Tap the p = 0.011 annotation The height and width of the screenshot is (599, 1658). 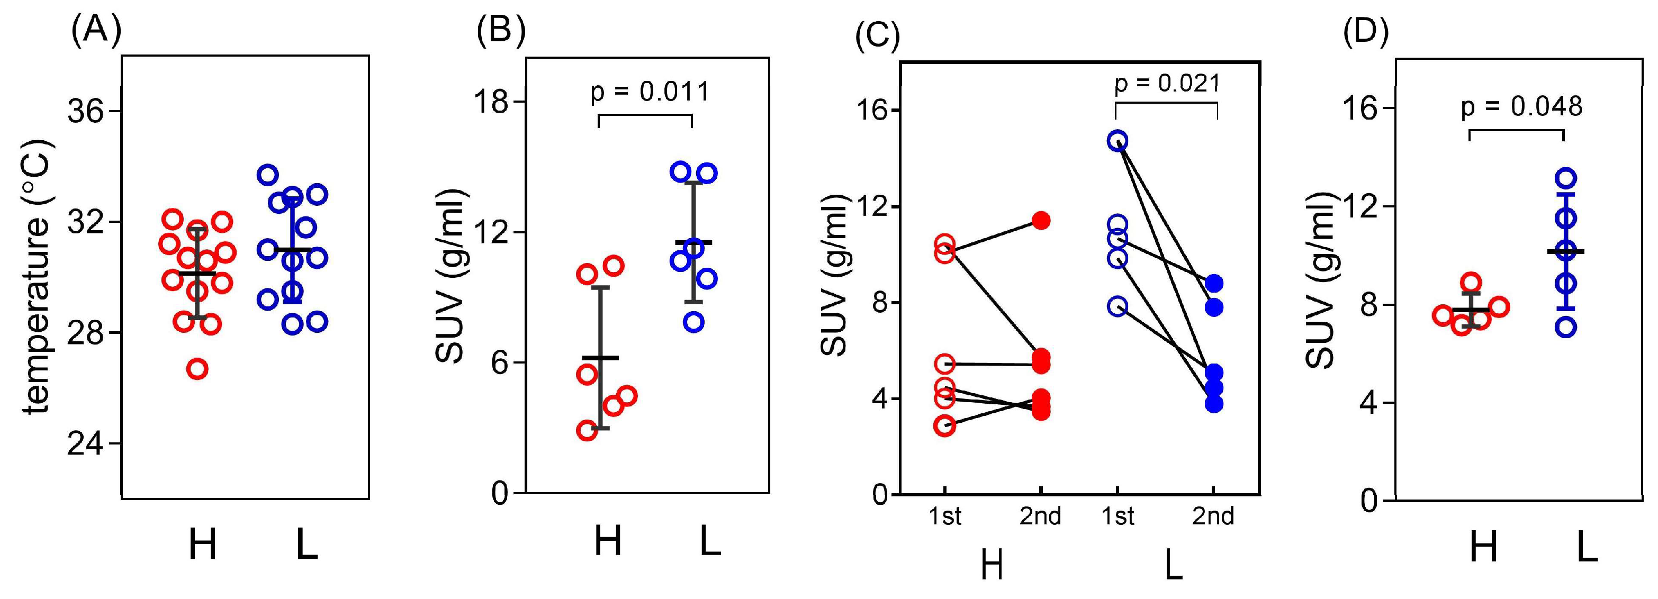coord(650,92)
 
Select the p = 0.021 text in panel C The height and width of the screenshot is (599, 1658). coord(1167,84)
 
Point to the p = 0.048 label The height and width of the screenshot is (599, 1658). coord(1521,106)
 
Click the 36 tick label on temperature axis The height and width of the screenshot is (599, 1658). coord(86,111)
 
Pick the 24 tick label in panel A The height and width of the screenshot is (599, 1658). coord(86,444)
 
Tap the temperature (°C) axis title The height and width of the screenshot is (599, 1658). coord(38,277)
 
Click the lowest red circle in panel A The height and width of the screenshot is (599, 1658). coord(197,369)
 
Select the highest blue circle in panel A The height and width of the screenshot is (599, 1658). coord(268,175)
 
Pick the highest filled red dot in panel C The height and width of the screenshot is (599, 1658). coord(1041,221)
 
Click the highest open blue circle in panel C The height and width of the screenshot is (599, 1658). coord(1118,140)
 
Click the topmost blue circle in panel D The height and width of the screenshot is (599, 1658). coord(1566,178)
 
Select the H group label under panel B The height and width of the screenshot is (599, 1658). coord(608,540)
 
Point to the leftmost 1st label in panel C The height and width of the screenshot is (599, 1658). coord(944,516)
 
